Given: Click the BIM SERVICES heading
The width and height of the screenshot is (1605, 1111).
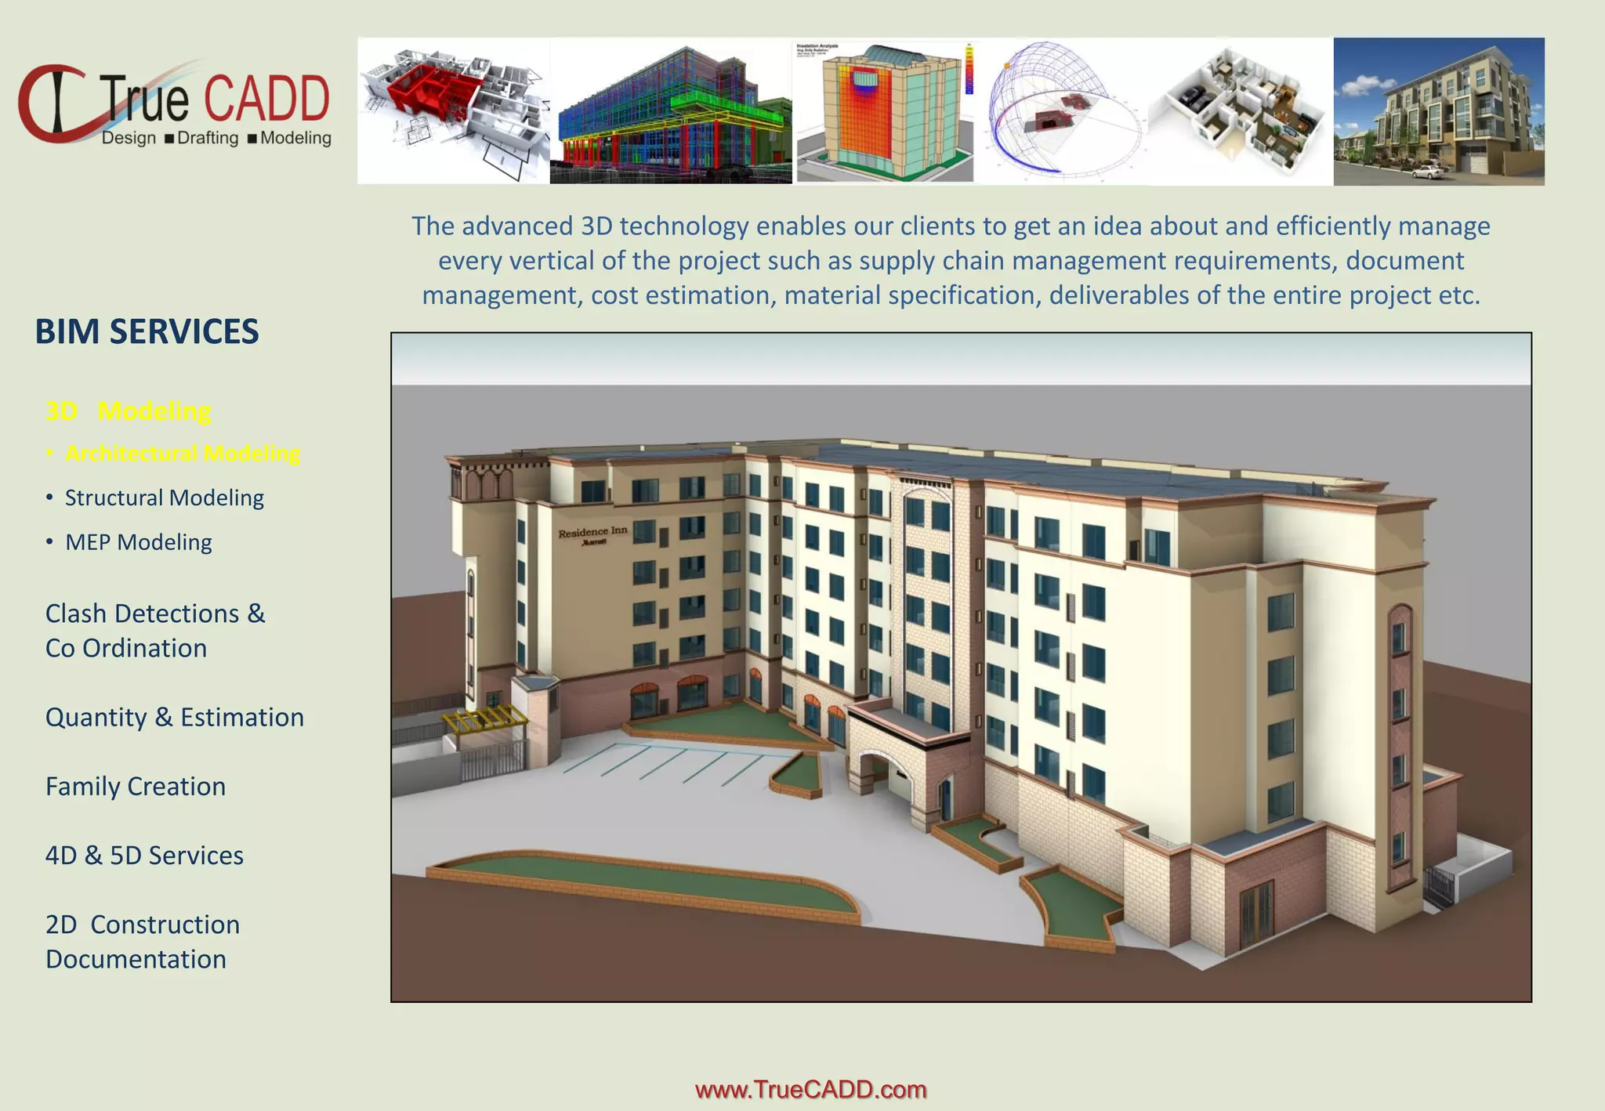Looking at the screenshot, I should point(147,331).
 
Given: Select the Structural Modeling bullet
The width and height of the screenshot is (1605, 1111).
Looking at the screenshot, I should point(164,498).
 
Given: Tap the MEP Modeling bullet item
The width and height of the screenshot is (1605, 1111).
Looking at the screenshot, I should point(138,542).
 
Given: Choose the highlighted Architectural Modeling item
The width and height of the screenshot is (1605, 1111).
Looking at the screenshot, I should point(182,454).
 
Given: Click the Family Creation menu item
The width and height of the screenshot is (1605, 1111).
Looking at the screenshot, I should point(136,787).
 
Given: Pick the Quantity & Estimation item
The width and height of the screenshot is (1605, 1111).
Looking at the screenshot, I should point(174,718).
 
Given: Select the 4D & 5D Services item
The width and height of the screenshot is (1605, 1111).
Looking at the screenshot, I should point(144,856).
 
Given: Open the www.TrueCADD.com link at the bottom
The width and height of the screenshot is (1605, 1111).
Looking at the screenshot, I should point(810,1090).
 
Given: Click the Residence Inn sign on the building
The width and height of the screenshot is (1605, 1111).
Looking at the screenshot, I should point(592,534).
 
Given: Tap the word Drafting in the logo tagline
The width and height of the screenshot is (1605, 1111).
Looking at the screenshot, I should point(208,139).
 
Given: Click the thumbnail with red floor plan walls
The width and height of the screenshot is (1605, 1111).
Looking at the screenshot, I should point(453,110).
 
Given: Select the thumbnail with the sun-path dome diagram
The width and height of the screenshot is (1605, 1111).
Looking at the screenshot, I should point(1064,110).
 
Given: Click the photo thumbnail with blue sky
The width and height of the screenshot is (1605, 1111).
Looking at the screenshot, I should point(1439,110).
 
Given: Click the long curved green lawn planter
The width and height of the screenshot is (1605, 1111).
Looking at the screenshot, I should point(643,885).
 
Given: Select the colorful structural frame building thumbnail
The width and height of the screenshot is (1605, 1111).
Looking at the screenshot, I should point(671,110).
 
